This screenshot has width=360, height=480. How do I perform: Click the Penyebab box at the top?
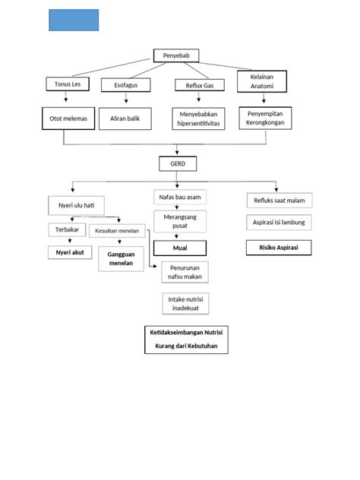tap(178, 55)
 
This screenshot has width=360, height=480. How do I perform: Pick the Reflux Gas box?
tap(196, 86)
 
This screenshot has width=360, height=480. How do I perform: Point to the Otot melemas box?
tap(68, 119)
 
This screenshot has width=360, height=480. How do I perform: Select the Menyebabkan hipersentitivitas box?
tap(197, 118)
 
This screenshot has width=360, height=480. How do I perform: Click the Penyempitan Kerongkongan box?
tap(265, 117)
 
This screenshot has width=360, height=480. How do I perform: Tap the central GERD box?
tap(178, 163)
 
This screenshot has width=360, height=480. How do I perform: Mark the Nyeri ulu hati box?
tap(76, 205)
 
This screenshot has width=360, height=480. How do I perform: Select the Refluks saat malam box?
tap(279, 201)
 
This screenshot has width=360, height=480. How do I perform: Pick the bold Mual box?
tap(179, 248)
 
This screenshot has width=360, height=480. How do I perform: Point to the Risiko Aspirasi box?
tap(278, 248)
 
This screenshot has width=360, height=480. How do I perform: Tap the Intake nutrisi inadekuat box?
tap(186, 303)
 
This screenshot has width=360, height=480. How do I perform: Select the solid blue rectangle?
tap(74, 20)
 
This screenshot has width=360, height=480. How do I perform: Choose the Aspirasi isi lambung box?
tap(279, 223)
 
